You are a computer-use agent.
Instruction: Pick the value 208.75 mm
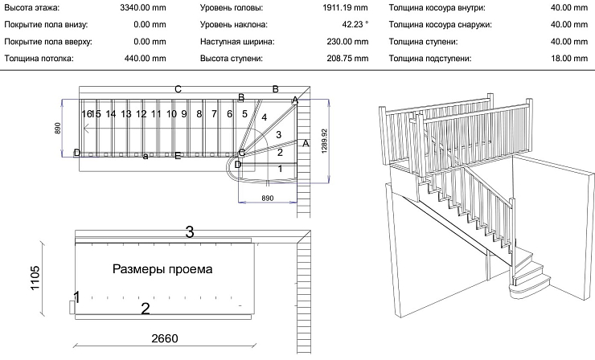click(x=346, y=58)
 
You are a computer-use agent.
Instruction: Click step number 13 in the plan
click(x=126, y=114)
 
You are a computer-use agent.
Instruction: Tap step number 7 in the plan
click(x=214, y=114)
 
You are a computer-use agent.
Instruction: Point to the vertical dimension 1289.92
click(x=324, y=143)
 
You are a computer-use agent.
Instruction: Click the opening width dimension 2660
click(x=165, y=337)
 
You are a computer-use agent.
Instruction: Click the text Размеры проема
click(x=162, y=269)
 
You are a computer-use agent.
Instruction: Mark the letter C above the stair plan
click(x=178, y=88)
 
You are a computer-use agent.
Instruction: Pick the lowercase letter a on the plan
click(x=146, y=156)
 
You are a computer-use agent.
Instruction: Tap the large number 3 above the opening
click(x=190, y=232)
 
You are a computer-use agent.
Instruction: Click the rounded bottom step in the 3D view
click(x=528, y=281)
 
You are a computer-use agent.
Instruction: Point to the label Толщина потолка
click(x=38, y=58)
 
